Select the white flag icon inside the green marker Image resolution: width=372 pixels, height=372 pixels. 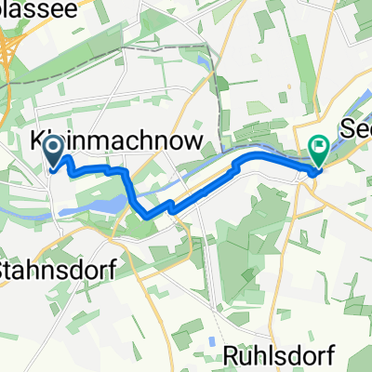[318, 144]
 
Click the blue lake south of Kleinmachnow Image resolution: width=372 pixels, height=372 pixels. [102, 203]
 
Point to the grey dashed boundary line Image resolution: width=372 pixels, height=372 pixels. [220, 84]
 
